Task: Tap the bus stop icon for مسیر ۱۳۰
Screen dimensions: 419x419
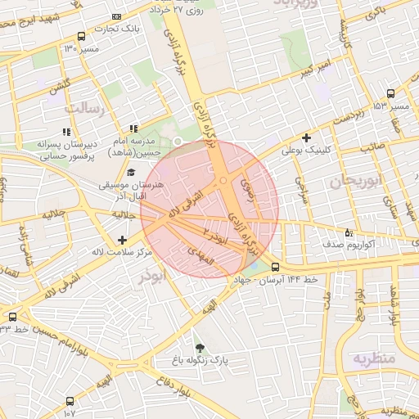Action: (80, 36)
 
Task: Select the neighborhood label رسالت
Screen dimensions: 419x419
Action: (84, 108)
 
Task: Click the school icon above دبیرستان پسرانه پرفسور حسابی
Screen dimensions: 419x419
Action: (65, 131)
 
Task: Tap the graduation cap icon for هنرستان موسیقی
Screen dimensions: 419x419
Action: (131, 173)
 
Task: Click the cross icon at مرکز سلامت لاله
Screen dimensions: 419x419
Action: (122, 240)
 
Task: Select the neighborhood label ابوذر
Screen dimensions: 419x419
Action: (151, 277)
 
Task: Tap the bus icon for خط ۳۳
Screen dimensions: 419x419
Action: (12, 317)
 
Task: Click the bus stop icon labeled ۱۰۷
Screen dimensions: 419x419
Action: (70, 402)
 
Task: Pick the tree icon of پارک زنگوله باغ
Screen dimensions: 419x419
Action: (196, 347)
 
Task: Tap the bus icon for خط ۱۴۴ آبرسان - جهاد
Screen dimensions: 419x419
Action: (274, 267)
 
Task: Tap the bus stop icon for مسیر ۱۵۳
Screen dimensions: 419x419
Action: (390, 93)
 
